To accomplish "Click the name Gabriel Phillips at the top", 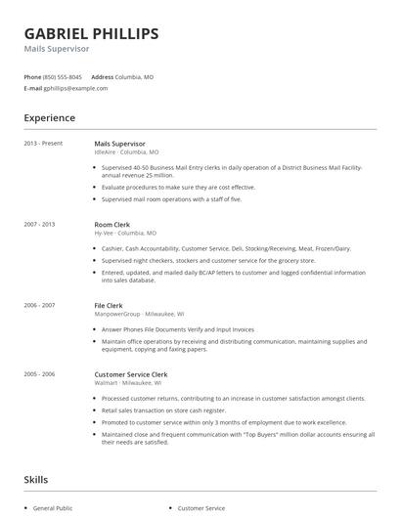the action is pos(91,34).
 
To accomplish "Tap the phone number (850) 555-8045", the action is pos(64,76).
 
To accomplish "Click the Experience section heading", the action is pos(49,118).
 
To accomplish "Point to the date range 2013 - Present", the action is pos(43,144).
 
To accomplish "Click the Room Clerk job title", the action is pos(112,224).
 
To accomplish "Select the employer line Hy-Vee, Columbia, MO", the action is pos(125,234).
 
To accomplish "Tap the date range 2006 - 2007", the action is pos(40,305).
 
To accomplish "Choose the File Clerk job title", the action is pos(109,305).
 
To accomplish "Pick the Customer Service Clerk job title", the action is pos(131,374).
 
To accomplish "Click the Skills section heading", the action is pos(35,480).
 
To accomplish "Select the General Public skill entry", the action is pos(54,508).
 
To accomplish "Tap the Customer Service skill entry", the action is pos(200,508).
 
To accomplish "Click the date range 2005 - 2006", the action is pos(40,374).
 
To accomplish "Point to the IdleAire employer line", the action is pos(126,152).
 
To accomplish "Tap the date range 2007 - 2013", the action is pos(40,224).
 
